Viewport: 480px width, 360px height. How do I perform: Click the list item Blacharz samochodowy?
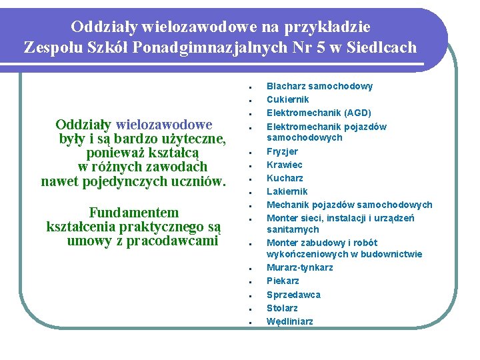(x=319, y=86)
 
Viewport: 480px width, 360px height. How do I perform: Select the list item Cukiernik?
(x=287, y=99)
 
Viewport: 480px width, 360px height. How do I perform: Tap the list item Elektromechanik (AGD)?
(x=319, y=113)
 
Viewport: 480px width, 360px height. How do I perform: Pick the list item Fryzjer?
(x=282, y=151)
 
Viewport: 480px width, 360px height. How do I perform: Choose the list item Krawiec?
(x=284, y=165)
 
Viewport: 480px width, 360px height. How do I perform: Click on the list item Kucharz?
(x=285, y=178)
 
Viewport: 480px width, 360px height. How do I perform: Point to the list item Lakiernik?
(x=287, y=191)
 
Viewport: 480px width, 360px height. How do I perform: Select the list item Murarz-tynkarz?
(x=299, y=267)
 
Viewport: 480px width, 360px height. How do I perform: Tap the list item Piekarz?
(x=283, y=281)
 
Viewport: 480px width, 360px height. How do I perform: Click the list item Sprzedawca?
(x=293, y=295)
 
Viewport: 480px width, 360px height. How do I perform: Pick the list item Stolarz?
(x=282, y=308)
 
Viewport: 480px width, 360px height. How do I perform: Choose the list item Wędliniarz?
(x=289, y=321)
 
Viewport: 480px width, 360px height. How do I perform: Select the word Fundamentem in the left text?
(x=134, y=213)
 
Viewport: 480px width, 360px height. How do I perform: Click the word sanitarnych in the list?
(x=293, y=229)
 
